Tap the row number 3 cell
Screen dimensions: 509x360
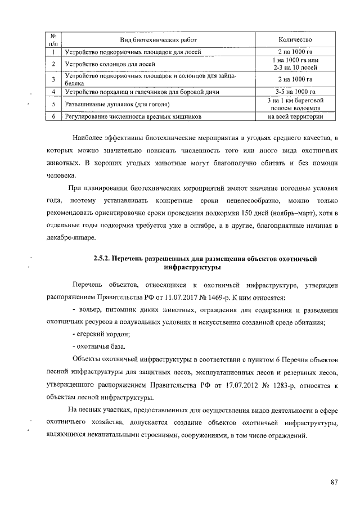pos(52,79)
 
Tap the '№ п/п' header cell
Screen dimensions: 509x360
pos(53,39)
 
